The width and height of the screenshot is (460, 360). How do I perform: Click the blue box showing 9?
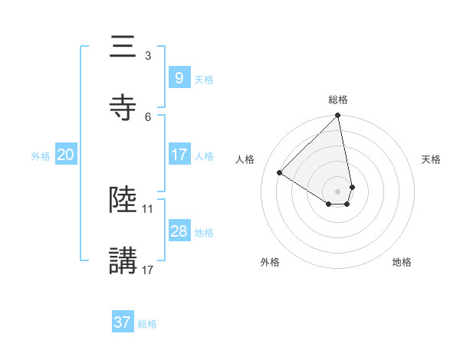tap(179, 78)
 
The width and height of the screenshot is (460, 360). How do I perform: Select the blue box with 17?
tap(179, 155)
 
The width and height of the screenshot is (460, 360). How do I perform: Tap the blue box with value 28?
tap(179, 231)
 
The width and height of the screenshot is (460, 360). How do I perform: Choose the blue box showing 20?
tap(65, 155)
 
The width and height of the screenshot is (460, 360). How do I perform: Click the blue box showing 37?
tap(122, 322)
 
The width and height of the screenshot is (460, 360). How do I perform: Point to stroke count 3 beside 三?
tap(147, 55)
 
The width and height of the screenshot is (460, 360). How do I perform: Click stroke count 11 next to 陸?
tap(148, 208)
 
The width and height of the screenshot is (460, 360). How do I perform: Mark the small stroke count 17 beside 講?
tap(148, 270)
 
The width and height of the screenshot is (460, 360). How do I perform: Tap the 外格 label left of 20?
tap(41, 155)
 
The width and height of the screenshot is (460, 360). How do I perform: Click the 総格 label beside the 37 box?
tap(147, 323)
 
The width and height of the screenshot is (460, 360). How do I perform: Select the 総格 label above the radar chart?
tap(338, 100)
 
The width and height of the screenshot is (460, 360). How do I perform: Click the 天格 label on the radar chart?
tap(431, 159)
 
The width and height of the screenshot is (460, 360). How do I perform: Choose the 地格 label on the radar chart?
tap(402, 262)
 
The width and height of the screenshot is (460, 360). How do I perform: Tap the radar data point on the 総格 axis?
tap(338, 116)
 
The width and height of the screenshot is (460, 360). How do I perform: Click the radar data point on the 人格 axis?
tap(280, 173)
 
